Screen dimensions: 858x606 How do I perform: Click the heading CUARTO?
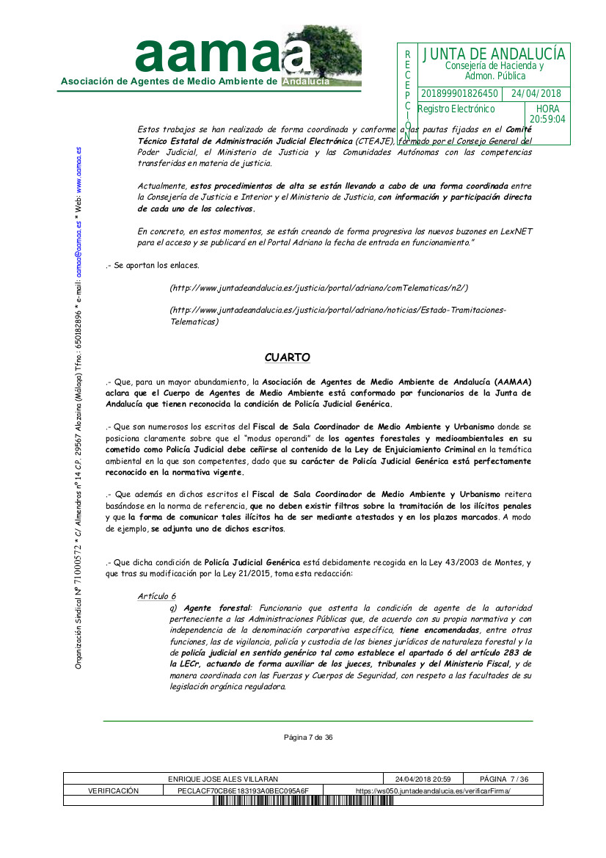(288, 357)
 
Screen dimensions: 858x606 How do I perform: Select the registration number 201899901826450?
(460, 94)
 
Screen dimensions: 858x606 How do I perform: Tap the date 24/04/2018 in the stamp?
(536, 94)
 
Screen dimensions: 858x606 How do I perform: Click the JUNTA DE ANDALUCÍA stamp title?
(494, 54)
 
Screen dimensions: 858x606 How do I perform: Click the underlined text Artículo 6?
(156, 596)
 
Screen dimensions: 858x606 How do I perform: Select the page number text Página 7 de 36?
(309, 738)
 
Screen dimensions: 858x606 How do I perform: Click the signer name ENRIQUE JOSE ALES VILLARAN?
(223, 779)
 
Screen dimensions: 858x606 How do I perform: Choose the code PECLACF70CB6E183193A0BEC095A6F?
(244, 790)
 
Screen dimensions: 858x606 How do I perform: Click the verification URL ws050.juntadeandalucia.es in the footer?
(433, 790)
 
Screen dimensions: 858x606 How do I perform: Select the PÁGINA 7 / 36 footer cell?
(505, 779)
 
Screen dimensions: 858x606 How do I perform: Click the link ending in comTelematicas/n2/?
(318, 288)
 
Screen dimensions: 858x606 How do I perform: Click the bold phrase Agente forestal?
(216, 608)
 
